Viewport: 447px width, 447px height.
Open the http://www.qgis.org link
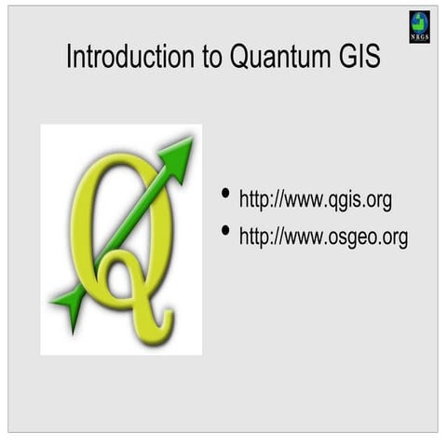click(315, 200)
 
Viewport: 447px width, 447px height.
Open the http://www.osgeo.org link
click(323, 237)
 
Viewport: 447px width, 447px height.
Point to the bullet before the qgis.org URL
click(225, 195)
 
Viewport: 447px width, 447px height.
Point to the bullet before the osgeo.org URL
click(225, 231)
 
